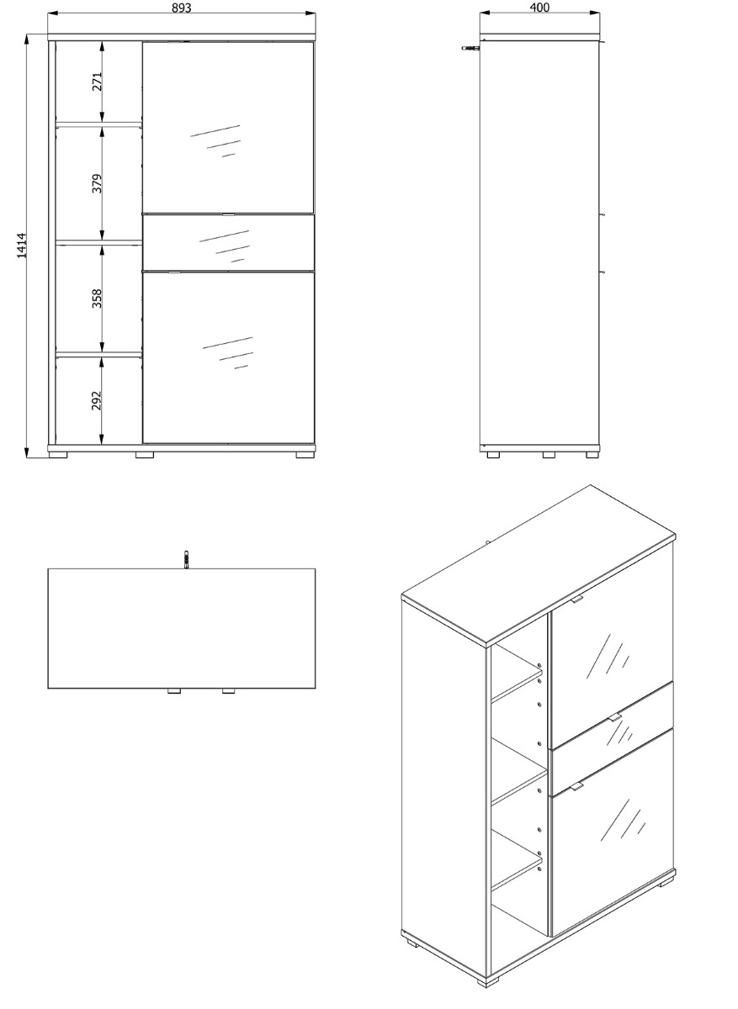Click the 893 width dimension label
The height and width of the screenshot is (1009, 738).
click(181, 8)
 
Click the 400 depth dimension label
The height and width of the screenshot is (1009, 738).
click(539, 8)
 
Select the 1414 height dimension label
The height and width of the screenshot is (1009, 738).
click(22, 246)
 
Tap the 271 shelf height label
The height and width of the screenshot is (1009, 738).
click(97, 82)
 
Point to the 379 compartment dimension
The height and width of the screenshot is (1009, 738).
click(97, 183)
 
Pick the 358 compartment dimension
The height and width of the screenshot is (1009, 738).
click(97, 298)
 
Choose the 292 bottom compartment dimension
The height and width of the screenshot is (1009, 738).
click(97, 400)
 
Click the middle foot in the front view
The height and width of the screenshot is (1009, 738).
click(144, 455)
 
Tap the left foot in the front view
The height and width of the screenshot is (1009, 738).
click(58, 455)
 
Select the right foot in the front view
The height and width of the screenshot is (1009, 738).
click(305, 455)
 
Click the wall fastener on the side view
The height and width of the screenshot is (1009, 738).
click(470, 47)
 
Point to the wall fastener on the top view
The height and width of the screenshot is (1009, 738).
click(185, 559)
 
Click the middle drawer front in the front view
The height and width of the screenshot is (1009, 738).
click(229, 243)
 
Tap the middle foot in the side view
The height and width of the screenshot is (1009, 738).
click(549, 455)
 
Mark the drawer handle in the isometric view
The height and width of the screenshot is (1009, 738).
click(614, 717)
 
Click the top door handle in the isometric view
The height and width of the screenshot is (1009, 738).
click(576, 599)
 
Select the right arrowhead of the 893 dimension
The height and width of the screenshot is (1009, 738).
click(311, 13)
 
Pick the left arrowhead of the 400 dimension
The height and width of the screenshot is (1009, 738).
click(485, 13)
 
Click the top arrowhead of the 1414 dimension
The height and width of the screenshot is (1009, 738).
click(27, 40)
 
